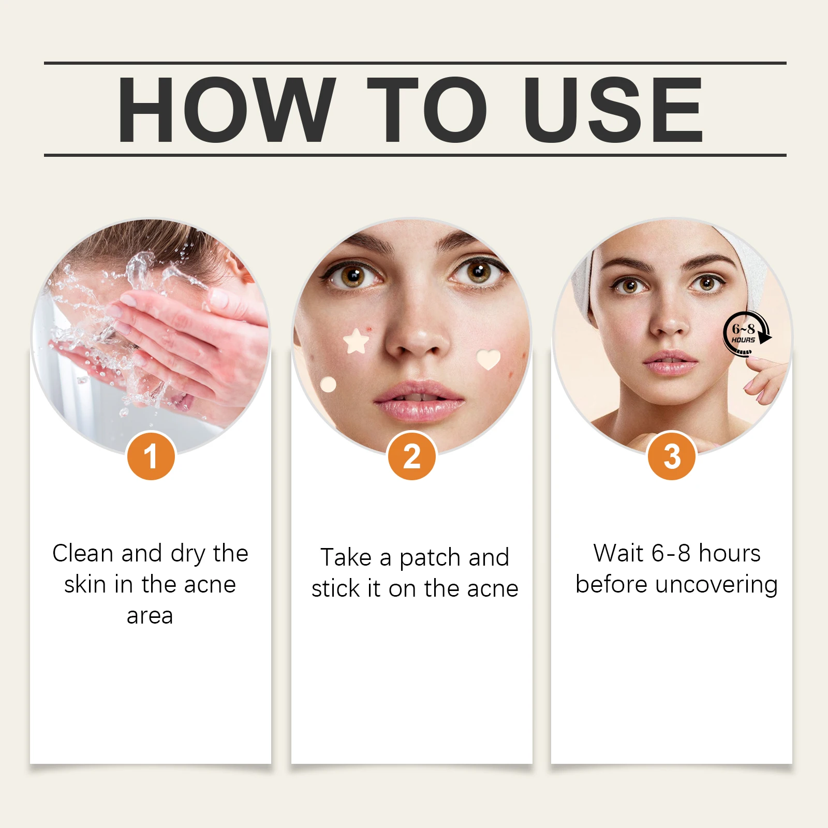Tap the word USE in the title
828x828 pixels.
[x=613, y=110]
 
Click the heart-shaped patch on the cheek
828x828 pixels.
[x=488, y=359]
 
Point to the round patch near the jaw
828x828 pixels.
[x=328, y=385]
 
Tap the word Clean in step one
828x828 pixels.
[x=83, y=553]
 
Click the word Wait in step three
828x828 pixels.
[x=618, y=553]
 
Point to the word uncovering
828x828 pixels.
[x=716, y=585]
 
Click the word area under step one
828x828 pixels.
[x=150, y=616]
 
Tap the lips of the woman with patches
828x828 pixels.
[x=419, y=401]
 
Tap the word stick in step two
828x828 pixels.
[x=335, y=589]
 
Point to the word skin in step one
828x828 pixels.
[x=85, y=585]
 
